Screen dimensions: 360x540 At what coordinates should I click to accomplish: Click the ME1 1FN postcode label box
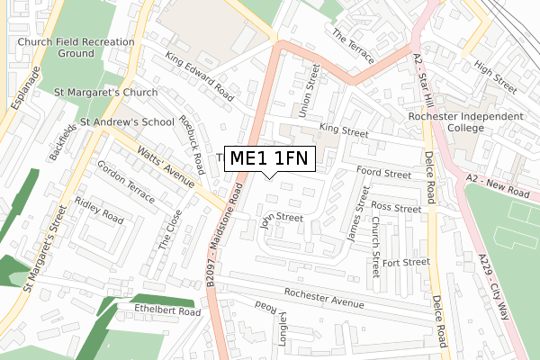coord(270,158)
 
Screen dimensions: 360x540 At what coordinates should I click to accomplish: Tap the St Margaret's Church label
coord(105,92)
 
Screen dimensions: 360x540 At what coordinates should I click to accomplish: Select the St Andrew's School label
coord(127,121)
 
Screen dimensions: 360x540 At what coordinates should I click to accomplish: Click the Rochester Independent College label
coord(478,121)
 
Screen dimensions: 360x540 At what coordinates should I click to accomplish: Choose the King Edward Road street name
coord(200,76)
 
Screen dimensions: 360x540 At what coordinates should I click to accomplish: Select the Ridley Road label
coord(99,211)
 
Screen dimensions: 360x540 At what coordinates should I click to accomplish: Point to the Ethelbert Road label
coord(167,310)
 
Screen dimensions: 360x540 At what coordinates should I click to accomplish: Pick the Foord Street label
coord(383,172)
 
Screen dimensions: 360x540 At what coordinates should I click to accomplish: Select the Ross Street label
coord(396,208)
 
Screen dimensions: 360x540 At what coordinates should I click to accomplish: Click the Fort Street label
coord(405,263)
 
